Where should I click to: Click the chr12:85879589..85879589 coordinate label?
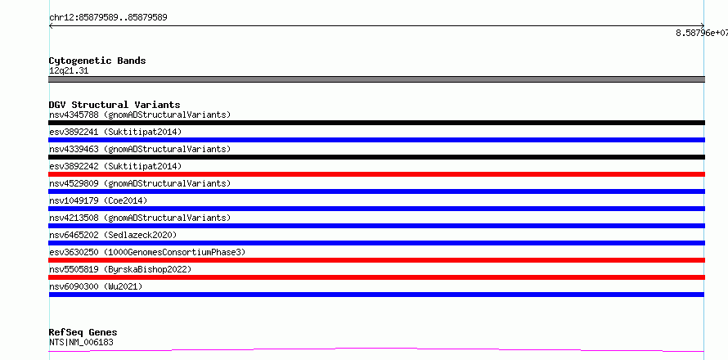pos(108,18)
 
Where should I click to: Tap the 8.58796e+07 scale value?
pos(702,33)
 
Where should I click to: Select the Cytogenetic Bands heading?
pos(97,61)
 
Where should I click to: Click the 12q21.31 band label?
pos(69,71)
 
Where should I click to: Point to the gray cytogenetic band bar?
pos(376,79)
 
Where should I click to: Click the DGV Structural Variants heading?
pos(115,105)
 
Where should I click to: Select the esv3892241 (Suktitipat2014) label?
pos(115,132)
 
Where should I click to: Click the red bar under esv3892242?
pos(376,174)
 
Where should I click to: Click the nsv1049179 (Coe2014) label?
pos(98,200)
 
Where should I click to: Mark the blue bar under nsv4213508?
pos(376,226)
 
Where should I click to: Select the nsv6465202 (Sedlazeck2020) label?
pos(113,235)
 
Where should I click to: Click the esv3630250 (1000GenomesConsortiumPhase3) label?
pos(147,252)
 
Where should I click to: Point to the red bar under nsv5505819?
pos(376,277)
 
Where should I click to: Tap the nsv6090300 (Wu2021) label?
pos(96,286)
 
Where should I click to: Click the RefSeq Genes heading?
pos(83,332)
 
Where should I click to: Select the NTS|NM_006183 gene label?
pos(81,342)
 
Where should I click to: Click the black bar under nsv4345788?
pos(376,123)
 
